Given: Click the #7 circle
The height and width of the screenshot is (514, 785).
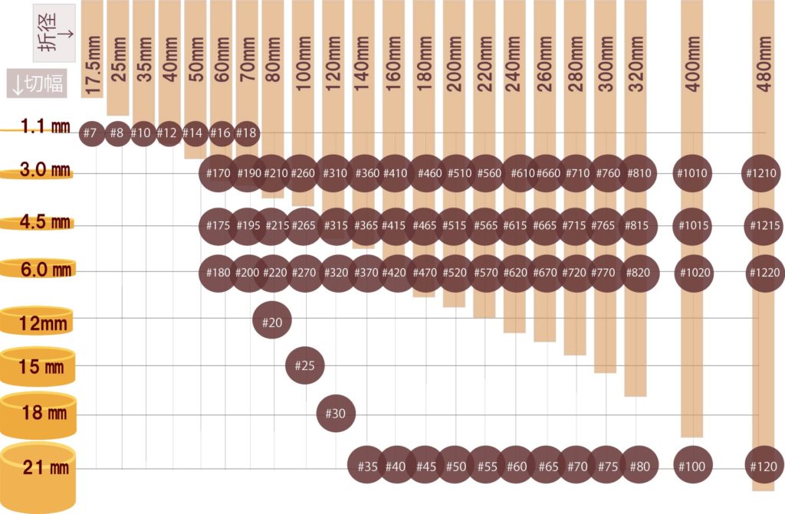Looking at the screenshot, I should click(x=91, y=133).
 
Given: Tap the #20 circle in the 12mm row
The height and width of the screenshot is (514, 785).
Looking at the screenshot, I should click(x=272, y=322).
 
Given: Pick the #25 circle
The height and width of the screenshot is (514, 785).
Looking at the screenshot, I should click(x=305, y=365).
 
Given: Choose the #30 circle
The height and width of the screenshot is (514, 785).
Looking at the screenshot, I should click(x=336, y=414).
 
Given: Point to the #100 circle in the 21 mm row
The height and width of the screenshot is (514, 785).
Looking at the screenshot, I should click(x=694, y=465).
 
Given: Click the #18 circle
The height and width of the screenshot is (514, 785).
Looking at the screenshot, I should click(x=246, y=133).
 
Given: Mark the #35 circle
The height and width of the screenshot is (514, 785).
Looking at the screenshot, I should click(x=367, y=465).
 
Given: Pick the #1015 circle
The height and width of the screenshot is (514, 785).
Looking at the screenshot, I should click(x=694, y=226).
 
